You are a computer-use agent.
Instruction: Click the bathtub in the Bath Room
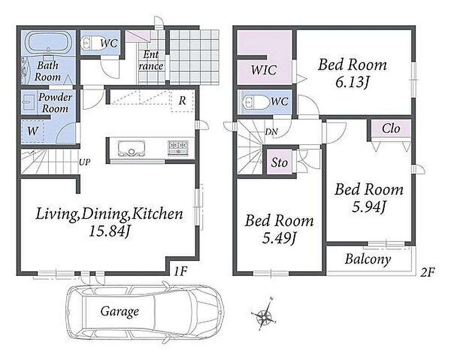pos(48,43)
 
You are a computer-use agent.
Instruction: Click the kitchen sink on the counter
pos(131,148)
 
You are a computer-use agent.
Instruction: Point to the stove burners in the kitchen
pos(178,148)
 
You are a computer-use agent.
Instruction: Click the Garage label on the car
pos(120,311)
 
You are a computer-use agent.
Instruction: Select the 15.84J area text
pos(109,231)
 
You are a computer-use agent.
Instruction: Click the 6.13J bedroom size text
pos(352,82)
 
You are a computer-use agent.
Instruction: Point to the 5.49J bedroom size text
pos(279,238)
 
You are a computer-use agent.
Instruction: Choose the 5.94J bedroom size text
pos(369,207)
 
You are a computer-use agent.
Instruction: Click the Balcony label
pos(368,259)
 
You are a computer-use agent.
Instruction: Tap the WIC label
pos(264,70)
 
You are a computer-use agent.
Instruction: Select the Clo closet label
pos(391,129)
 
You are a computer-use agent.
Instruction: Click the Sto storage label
pos(279,162)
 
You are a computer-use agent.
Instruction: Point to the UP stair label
pos(85,162)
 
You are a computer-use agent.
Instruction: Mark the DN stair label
pos(271,132)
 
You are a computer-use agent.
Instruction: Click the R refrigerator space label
pos(182,101)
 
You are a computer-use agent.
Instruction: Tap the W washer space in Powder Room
pos(33,131)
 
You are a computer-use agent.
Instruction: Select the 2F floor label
pos(427,272)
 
